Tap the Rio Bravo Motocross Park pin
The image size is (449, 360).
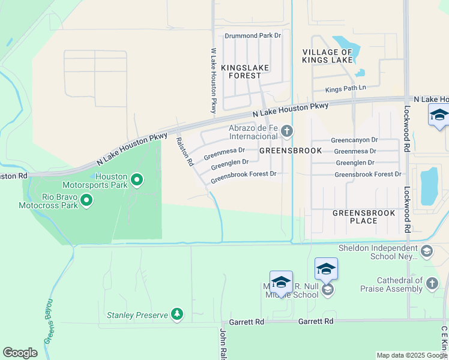pyautogui.click(x=86, y=200)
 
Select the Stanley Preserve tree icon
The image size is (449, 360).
pyautogui.click(x=176, y=314)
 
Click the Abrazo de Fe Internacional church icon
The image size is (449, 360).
pyautogui.click(x=287, y=131)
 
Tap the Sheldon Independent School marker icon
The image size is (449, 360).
pyautogui.click(x=427, y=250)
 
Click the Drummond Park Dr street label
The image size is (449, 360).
pyautogui.click(x=253, y=36)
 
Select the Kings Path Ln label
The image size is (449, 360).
pyautogui.click(x=345, y=89)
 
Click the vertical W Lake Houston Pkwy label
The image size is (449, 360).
pyautogui.click(x=213, y=81)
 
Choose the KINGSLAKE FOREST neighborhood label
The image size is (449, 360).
pyautogui.click(x=245, y=72)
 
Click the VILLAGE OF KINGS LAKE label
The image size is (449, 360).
pyautogui.click(x=327, y=56)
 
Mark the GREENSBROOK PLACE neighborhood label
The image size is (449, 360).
pyautogui.click(x=364, y=217)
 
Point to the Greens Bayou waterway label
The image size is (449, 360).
pyautogui.click(x=49, y=321)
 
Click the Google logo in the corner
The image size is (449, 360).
pyautogui.click(x=20, y=353)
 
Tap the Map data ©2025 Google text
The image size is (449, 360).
pyautogui.click(x=412, y=355)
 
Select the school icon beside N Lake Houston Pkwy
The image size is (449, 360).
pyautogui.click(x=439, y=115)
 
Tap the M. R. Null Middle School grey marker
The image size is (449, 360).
pyautogui.click(x=327, y=290)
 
